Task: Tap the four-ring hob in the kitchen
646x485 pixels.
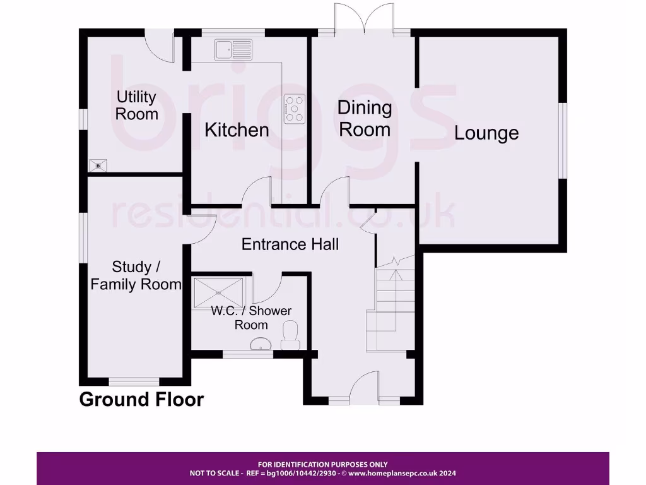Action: (x=295, y=109)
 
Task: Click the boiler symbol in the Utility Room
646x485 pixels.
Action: (x=98, y=165)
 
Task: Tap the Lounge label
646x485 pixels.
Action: (x=486, y=133)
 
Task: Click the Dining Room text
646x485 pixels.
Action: (x=365, y=118)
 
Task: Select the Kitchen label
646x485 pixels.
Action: (x=237, y=130)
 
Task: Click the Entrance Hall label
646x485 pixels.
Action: (x=290, y=244)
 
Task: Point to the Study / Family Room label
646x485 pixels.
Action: (x=136, y=275)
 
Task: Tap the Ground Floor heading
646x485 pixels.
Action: (x=141, y=400)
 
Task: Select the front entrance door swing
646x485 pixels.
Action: (x=365, y=385)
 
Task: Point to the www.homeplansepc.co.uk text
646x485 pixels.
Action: (x=401, y=473)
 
